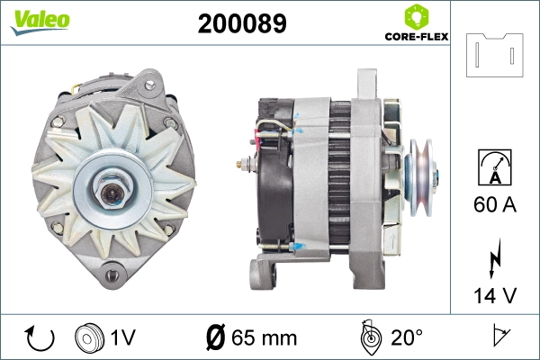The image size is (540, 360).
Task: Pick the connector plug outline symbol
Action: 493,55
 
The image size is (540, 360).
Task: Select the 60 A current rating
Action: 494,204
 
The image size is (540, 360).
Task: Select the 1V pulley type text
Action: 122,338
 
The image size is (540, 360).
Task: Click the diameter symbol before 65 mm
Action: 216,338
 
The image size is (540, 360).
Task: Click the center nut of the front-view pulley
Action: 113,171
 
